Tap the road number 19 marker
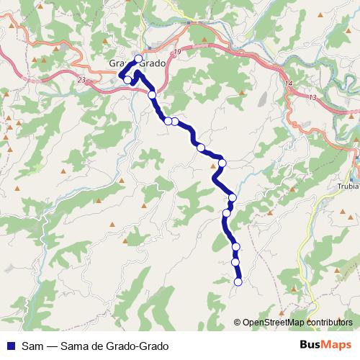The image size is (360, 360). click(176, 54)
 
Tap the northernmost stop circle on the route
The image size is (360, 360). click(138, 58)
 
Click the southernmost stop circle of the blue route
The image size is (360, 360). click(238, 282)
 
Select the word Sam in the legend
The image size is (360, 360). click(31, 346)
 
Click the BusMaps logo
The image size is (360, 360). click(326, 345)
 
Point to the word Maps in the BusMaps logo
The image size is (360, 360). click(337, 345)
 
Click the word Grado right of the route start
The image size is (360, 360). click(153, 63)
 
